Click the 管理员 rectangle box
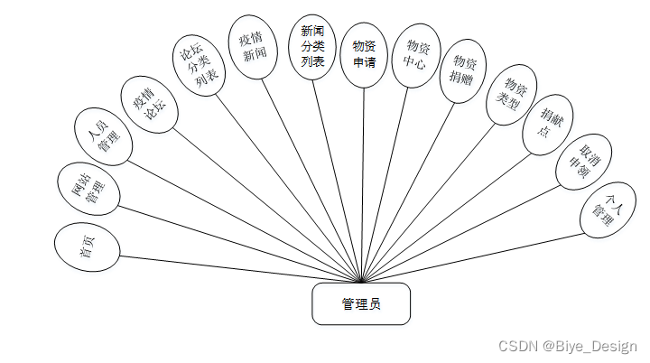361,303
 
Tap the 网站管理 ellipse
88,190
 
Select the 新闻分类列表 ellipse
312,47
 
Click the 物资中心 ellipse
416,60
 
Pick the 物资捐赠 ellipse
465,68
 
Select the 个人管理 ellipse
604,213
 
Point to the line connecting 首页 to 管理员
235,267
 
